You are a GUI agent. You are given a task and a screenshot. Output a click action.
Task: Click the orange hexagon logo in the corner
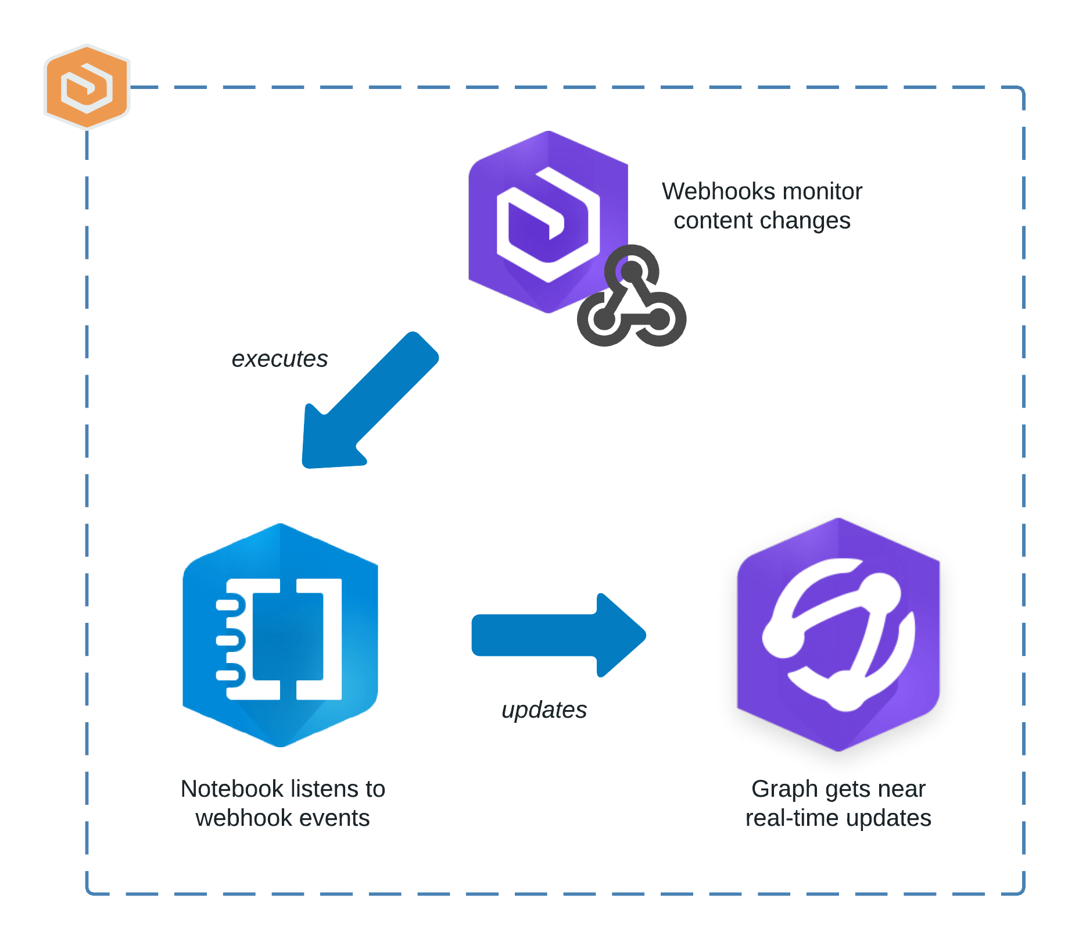pos(87,86)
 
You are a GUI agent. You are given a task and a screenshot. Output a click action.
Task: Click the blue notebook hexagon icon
pos(280,635)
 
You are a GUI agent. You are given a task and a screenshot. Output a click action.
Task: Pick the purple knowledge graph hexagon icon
pos(838,635)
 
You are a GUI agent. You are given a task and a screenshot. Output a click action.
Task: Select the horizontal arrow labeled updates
pos(558,635)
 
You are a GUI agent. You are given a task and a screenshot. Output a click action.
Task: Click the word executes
pos(279,359)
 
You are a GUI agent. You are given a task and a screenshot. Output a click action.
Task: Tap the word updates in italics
pos(544,709)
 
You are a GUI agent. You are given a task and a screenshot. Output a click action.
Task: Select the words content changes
pos(762,221)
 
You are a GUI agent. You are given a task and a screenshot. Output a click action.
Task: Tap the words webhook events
pos(282,818)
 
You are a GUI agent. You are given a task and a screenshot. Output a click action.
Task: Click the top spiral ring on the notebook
pos(228,605)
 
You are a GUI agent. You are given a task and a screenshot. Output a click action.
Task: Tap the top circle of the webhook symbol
pos(632,271)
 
